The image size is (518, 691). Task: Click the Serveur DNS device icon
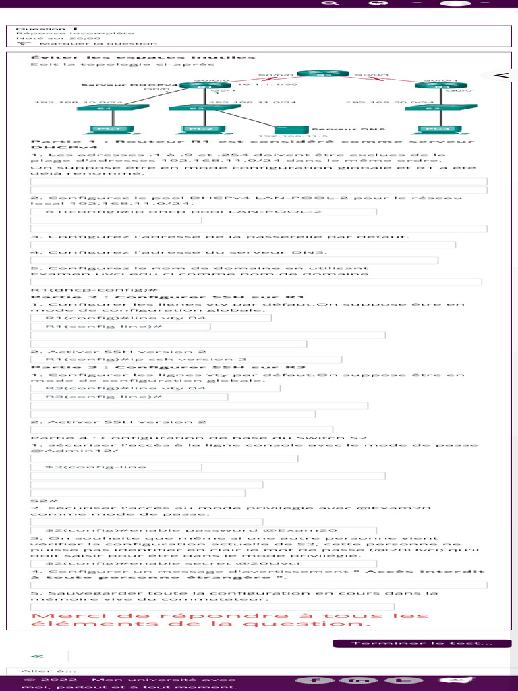click(x=291, y=128)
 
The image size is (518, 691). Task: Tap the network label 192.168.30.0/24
click(x=380, y=103)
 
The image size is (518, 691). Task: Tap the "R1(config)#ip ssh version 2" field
click(x=186, y=360)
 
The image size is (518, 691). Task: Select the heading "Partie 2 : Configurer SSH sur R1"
click(x=168, y=297)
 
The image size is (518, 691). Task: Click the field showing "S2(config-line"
click(x=116, y=467)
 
